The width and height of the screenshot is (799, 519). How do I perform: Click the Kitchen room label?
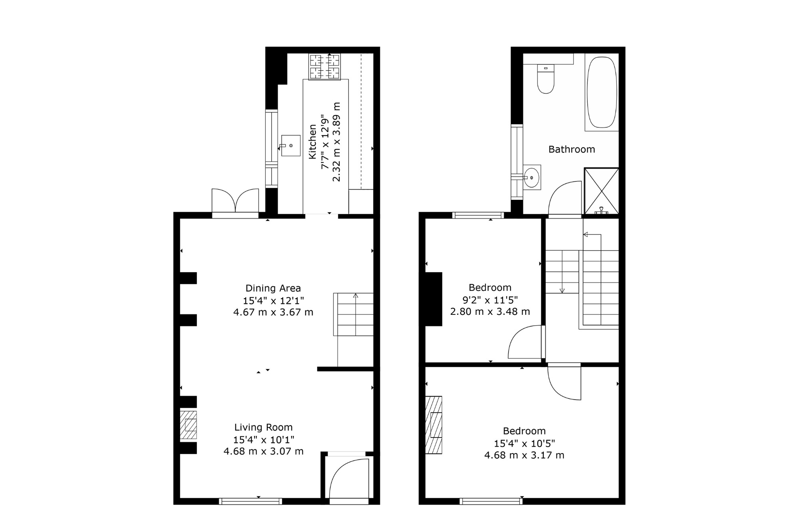[x=312, y=142]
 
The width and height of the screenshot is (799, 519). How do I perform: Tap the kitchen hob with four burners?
[x=325, y=66]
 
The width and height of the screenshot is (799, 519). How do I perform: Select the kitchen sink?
[x=290, y=145]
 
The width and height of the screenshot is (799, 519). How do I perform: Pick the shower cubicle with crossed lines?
[x=601, y=191]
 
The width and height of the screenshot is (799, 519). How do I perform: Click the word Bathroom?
[x=572, y=149]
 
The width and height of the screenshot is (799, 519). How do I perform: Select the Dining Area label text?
[x=273, y=288]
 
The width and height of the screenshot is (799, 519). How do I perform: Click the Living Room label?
[x=264, y=427]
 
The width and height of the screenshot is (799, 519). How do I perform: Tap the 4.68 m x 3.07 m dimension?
[x=264, y=451]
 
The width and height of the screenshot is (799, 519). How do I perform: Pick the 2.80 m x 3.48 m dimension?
[x=490, y=312]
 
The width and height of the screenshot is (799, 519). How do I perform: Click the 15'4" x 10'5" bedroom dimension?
[x=525, y=443]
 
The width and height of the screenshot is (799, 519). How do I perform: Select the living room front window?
[x=250, y=501]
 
